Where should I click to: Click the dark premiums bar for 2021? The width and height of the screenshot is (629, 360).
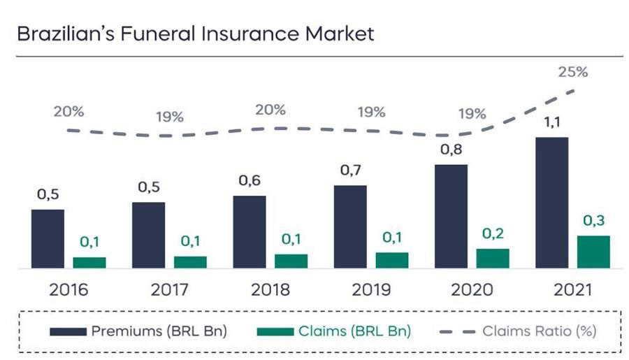pyautogui.click(x=551, y=203)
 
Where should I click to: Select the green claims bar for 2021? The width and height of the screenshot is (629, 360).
pyautogui.click(x=593, y=252)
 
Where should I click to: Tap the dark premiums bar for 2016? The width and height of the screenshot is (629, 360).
pyautogui.click(x=48, y=238)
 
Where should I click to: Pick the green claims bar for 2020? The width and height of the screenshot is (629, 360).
pyautogui.click(x=492, y=258)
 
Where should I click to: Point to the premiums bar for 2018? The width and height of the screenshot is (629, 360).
pyautogui.click(x=249, y=231)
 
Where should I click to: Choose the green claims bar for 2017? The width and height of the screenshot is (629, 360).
pyautogui.click(x=190, y=262)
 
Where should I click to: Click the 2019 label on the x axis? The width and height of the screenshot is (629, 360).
pyautogui.click(x=371, y=289)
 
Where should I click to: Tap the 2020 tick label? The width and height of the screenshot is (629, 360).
pyautogui.click(x=472, y=289)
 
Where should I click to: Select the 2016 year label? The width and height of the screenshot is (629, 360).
pyautogui.click(x=68, y=289)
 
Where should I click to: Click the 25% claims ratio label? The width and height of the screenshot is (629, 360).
pyautogui.click(x=572, y=71)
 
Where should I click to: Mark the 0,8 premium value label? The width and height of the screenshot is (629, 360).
pyautogui.click(x=450, y=150)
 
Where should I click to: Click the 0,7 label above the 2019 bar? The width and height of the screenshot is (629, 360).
pyautogui.click(x=349, y=171)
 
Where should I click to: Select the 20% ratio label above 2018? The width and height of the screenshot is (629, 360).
pyautogui.click(x=270, y=110)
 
